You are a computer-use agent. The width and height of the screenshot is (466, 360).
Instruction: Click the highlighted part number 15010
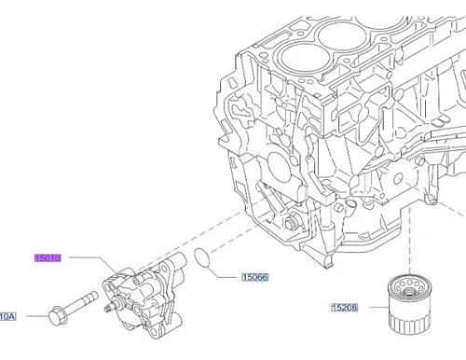pyautogui.click(x=48, y=257)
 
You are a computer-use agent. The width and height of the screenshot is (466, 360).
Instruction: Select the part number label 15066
pyautogui.click(x=254, y=277)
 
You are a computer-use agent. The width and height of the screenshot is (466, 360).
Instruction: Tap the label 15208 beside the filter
pyautogui.click(x=345, y=308)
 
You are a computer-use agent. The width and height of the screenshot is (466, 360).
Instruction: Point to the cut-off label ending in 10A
pyautogui.click(x=7, y=316)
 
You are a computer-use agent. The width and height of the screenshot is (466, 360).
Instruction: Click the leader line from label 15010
pyautogui.click(x=93, y=264)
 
